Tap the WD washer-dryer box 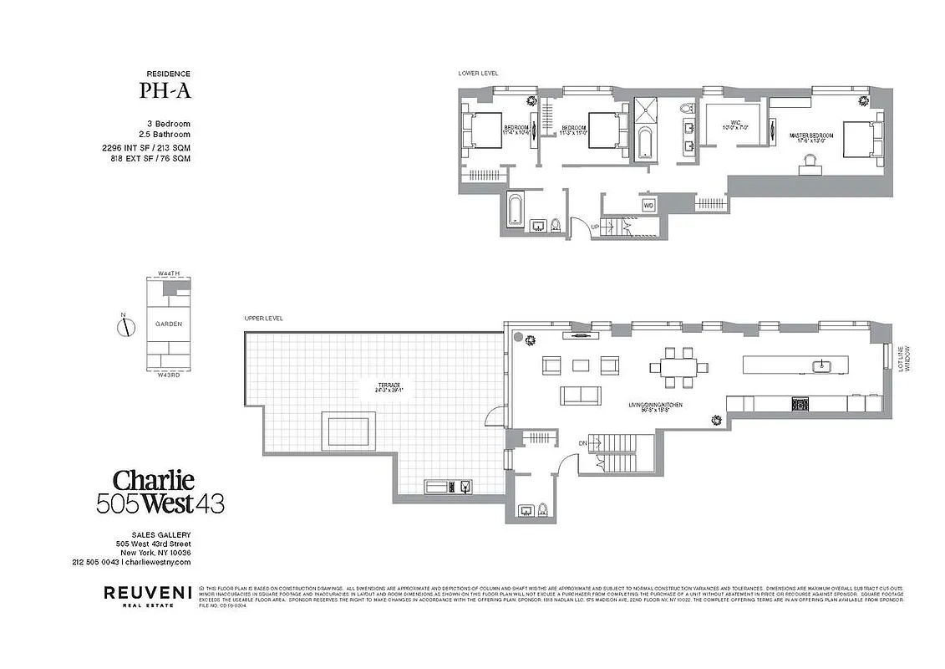pyautogui.click(x=648, y=205)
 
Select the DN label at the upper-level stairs pyautogui.click(x=582, y=442)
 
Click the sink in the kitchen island pyautogui.click(x=821, y=365)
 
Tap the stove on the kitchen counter pyautogui.click(x=800, y=405)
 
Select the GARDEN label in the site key pyautogui.click(x=169, y=324)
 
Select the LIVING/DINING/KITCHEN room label pyautogui.click(x=655, y=407)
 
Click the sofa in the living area pyautogui.click(x=582, y=396)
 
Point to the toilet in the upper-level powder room pyautogui.click(x=541, y=508)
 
